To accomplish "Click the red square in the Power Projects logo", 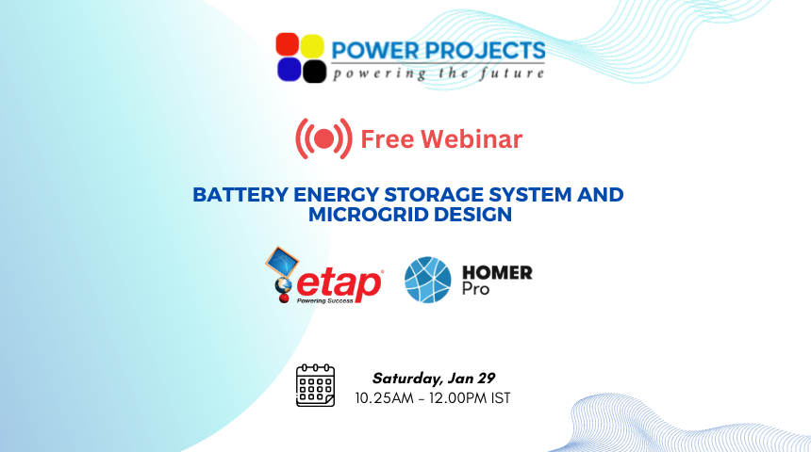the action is point(287,44).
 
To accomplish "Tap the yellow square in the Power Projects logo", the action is point(312,45).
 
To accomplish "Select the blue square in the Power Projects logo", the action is point(290,70).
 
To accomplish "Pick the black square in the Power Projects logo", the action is point(314,72).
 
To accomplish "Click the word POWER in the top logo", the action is point(375,51).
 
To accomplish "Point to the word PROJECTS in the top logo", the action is point(485,51).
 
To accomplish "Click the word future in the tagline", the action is point(511,73).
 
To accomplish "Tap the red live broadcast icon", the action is point(323,138).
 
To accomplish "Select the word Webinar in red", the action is point(472,139).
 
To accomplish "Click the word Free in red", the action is point(387,139).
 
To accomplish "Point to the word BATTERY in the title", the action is point(240,195).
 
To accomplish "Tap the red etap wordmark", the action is point(339,284).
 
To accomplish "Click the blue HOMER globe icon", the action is point(428,280).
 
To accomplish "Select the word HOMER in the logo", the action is point(497,272).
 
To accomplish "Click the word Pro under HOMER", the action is point(475,288).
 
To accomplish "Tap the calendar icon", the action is point(316,385).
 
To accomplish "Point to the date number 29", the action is point(487,379).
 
